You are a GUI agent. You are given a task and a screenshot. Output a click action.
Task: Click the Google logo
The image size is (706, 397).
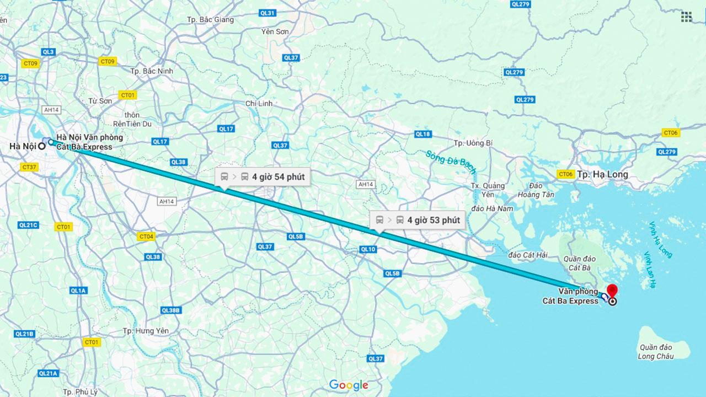click(x=349, y=385)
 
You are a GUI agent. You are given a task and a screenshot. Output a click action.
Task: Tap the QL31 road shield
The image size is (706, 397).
click(x=268, y=13)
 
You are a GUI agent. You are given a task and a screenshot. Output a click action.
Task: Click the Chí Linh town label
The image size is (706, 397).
click(x=260, y=104)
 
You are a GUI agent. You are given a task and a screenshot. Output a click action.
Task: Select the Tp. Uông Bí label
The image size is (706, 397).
click(x=473, y=143)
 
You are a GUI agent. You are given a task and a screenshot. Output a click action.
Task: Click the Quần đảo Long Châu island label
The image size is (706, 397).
click(x=656, y=352)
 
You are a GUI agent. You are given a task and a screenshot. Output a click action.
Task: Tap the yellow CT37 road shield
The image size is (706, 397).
click(x=29, y=167)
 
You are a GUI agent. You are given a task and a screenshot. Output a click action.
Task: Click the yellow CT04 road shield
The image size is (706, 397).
click(x=146, y=237)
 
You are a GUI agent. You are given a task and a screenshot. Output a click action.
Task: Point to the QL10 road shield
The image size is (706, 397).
click(x=368, y=249)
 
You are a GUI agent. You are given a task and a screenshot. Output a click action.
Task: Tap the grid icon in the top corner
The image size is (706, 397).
click(x=686, y=17)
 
